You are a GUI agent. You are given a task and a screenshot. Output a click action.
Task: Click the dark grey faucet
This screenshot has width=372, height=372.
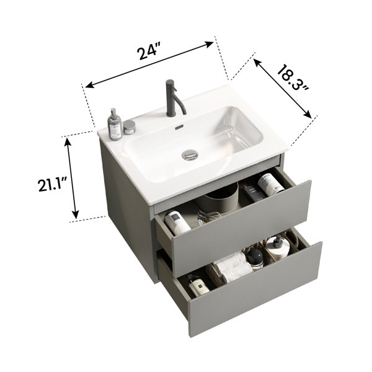[x=175, y=98]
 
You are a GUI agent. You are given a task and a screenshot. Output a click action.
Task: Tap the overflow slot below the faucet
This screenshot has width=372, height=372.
[x=179, y=127]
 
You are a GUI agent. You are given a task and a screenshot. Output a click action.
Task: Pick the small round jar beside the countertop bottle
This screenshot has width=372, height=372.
[x=130, y=127]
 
